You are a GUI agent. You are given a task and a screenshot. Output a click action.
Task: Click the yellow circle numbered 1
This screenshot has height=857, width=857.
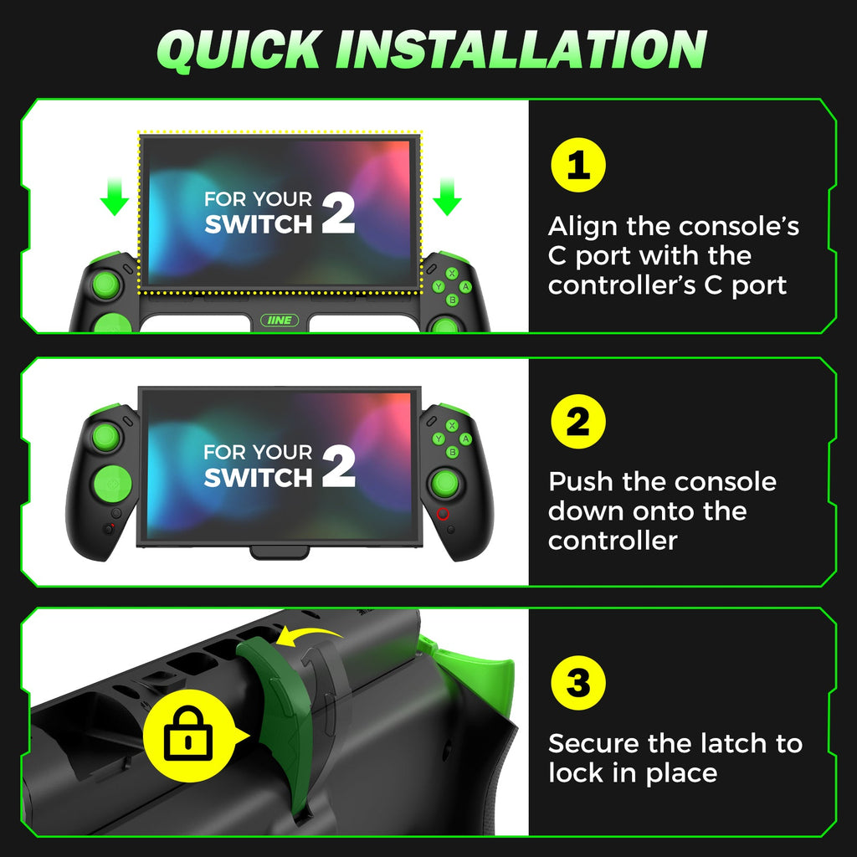pos(578,165)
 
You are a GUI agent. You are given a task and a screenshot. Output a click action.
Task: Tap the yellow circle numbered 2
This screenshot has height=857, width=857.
pos(578,422)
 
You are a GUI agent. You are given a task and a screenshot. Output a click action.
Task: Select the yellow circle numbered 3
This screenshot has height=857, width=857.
pos(578,683)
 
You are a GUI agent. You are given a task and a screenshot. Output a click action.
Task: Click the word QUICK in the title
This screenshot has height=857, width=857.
pos(239,49)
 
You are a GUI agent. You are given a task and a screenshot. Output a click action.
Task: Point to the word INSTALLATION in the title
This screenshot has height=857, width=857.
pos(521,49)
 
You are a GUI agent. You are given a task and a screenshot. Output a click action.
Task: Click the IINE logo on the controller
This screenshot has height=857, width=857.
pos(280,321)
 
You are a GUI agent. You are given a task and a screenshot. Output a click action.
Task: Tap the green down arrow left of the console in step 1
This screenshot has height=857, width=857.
pos(114,196)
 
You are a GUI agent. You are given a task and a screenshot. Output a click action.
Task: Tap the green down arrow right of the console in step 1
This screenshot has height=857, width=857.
pos(447,196)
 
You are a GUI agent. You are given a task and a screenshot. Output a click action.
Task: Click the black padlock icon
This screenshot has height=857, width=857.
pos(188,732)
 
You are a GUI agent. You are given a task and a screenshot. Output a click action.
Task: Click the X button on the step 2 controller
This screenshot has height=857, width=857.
pos(452,425)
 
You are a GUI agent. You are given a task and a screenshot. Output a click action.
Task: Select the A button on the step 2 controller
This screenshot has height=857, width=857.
pos(465,439)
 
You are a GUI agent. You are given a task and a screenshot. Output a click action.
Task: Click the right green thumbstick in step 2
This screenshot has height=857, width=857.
pos(445,483)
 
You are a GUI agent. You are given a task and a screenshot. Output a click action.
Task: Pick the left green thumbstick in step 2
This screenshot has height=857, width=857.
pos(106,437)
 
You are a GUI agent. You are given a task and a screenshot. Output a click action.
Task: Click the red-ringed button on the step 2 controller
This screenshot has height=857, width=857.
pos(443,514)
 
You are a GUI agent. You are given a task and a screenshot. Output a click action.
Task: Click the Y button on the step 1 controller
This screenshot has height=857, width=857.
pos(439,286)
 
